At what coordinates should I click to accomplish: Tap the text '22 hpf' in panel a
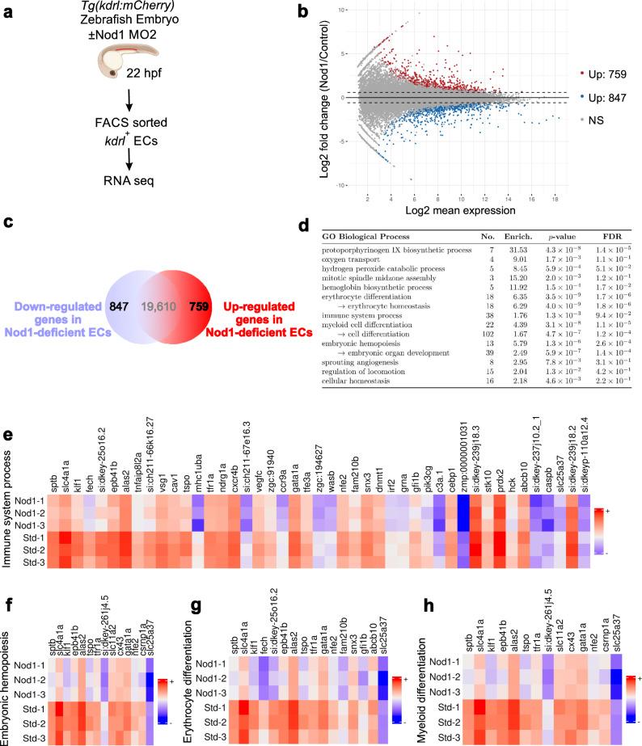[x=116, y=84]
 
